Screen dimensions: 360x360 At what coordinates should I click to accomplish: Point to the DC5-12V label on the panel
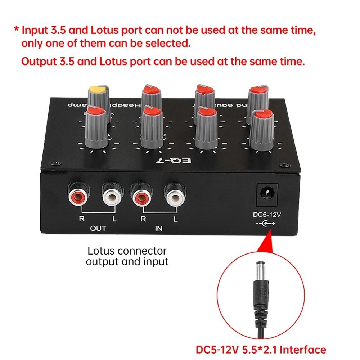[267, 215]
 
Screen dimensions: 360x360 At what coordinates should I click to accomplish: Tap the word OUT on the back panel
[98, 229]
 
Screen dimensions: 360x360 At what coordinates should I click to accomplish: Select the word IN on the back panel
[158, 229]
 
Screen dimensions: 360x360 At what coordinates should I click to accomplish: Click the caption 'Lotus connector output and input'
[127, 256]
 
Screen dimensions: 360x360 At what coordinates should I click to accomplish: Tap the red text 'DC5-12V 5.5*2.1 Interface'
[261, 350]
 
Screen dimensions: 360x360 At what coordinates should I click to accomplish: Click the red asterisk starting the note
[16, 30]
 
